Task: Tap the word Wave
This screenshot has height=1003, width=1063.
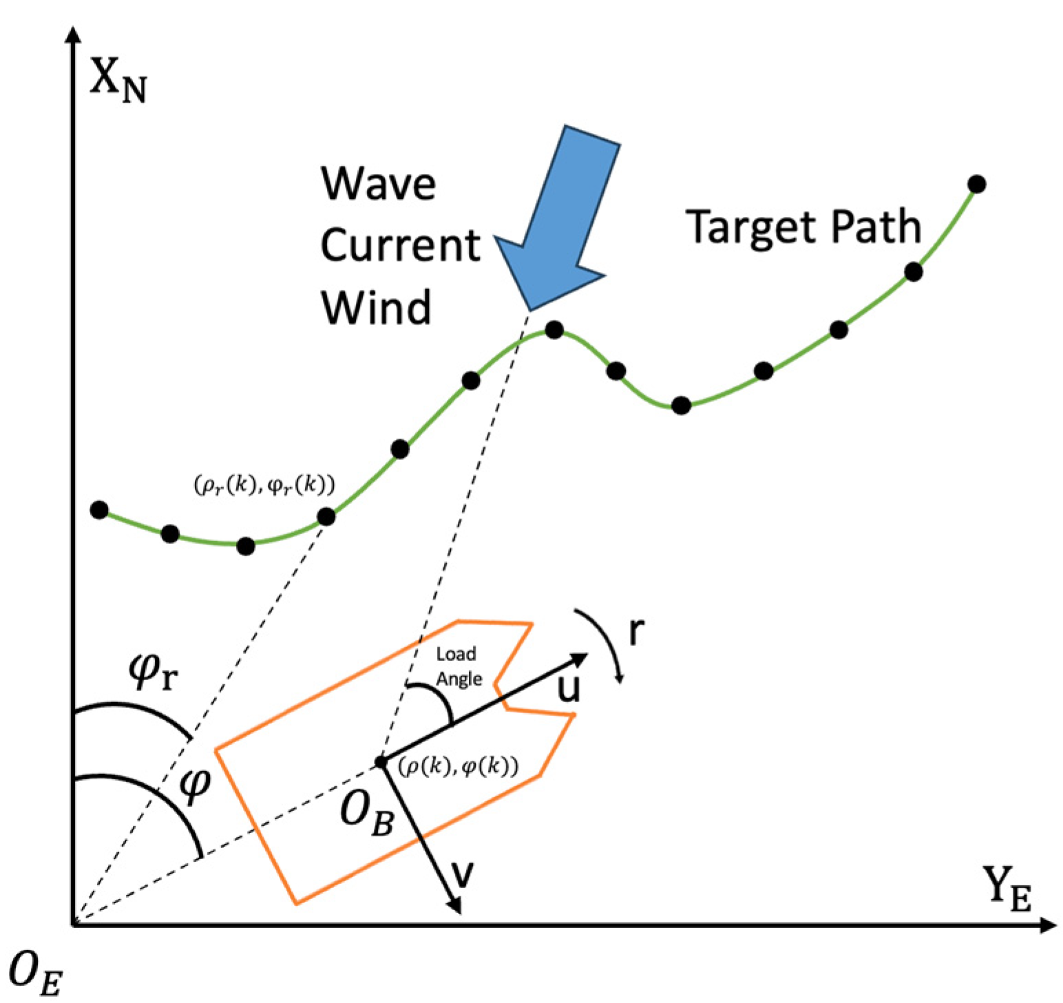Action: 378,184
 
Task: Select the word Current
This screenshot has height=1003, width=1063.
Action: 400,245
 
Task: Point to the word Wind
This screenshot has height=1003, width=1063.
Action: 376,306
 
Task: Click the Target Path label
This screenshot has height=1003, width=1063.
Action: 803,226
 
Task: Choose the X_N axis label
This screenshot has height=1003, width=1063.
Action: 118,82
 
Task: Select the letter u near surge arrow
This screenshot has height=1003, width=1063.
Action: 569,688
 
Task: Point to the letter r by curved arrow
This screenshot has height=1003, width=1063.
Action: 637,630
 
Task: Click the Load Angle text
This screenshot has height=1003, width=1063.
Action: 457,666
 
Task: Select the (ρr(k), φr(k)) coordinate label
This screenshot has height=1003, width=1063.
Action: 264,485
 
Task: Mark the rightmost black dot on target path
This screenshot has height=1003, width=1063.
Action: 976,184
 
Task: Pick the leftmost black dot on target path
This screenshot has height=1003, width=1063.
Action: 99,510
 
